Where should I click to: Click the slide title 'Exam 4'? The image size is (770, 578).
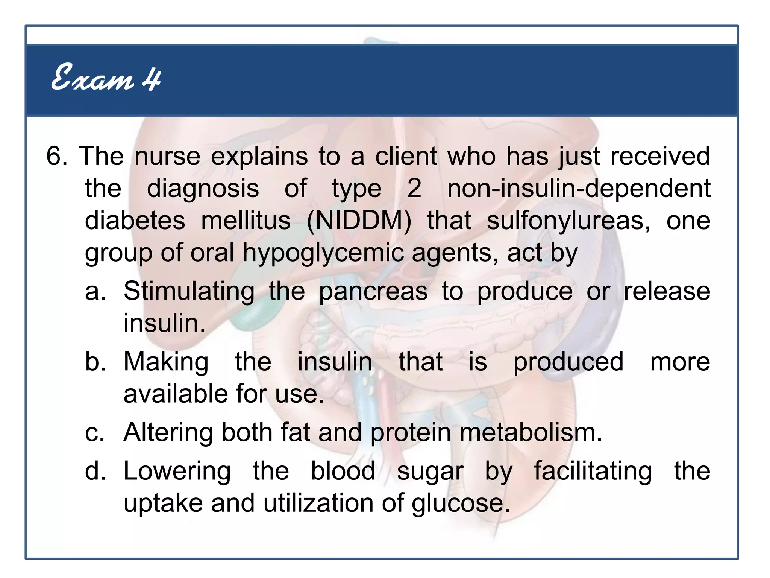point(106,78)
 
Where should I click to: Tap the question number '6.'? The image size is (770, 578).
point(57,156)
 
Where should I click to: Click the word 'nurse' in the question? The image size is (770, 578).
point(167,156)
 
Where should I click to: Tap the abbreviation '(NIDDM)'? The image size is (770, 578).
point(359,221)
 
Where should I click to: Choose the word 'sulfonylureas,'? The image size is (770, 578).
point(568,221)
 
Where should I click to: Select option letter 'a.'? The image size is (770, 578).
point(95,291)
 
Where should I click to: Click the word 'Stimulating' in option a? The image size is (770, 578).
point(189,291)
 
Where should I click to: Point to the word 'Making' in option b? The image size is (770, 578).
point(166,362)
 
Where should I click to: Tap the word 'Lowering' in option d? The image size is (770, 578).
point(177,471)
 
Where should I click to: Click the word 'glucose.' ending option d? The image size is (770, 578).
point(461,503)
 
